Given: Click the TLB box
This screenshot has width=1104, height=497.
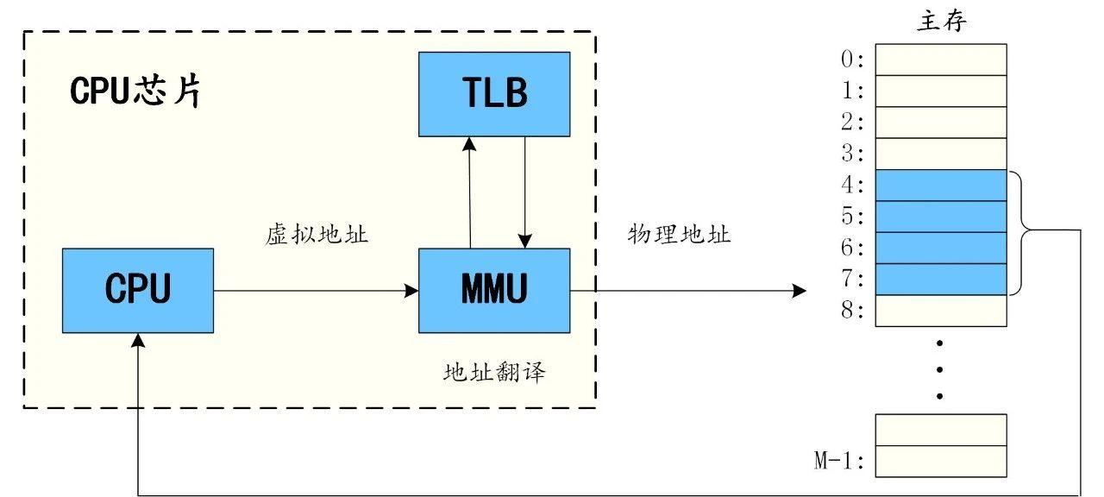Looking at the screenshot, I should pos(494,93).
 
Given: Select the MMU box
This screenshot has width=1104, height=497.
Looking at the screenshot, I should pos(494,290).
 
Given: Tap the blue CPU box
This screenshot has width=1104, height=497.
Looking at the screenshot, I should pos(138,290).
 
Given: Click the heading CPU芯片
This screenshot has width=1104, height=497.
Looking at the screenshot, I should pos(136,91).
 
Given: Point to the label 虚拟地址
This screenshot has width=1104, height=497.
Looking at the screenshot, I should pos(317,235).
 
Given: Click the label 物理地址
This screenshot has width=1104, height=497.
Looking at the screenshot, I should pos(680,235).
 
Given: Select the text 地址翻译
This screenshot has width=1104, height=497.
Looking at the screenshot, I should pos(494,373).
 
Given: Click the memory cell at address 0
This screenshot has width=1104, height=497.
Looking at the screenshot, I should pos(941,60).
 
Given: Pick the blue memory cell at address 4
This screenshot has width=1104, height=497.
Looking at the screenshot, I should pos(941,186).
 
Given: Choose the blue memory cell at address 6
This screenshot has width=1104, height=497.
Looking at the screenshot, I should pos(941,248).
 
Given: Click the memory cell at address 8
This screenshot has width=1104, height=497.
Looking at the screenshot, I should pos(941,311).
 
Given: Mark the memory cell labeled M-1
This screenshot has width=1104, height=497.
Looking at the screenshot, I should pos(941,461).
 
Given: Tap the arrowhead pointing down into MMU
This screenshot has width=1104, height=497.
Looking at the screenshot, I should pos(525,241).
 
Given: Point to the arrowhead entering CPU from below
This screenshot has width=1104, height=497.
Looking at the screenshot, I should pos(138,340).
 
